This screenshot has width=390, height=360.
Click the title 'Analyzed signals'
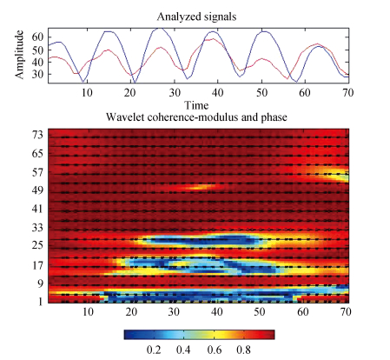pos(196,17)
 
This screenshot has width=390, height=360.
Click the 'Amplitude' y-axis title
pos(19,55)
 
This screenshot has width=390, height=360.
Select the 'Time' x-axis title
pos(196,105)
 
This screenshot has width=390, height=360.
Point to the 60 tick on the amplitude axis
pos(37,37)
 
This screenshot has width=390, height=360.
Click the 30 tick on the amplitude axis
pos(37,74)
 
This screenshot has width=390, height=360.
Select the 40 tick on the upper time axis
pos(217,92)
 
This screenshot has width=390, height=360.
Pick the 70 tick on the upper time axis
pos(347,92)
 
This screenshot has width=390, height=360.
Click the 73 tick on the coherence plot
pos(37,135)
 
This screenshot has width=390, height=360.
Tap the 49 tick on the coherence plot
pos(37,190)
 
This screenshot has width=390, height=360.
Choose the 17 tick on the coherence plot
pos(37,265)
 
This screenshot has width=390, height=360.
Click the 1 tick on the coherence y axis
pos(41,302)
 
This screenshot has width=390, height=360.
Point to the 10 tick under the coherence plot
pos(88,312)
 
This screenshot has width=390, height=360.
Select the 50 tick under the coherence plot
pos(260,312)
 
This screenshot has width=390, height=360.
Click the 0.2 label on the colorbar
pos(154,350)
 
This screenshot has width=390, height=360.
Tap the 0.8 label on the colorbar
pos(243,350)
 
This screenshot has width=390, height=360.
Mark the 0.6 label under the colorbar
pos(215,350)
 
